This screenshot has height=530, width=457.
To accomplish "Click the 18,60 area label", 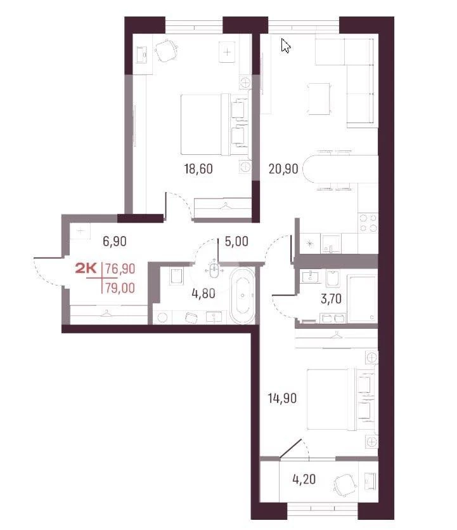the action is [x=198, y=168].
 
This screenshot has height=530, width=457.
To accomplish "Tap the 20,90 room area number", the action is [x=283, y=168].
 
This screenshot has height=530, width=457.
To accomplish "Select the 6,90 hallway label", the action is [x=115, y=241].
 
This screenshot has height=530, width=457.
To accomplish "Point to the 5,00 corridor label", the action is [x=236, y=241].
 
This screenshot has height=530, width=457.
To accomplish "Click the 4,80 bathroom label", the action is [x=203, y=293].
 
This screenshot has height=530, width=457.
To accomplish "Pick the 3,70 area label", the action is [x=331, y=299].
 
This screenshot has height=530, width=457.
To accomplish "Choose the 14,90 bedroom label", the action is [x=283, y=398].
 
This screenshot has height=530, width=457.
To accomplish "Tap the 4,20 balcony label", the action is [x=304, y=479].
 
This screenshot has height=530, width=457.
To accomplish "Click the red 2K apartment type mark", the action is [x=86, y=268].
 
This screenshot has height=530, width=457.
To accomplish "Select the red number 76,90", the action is [x=120, y=268].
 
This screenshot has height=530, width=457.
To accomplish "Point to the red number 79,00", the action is [x=120, y=288].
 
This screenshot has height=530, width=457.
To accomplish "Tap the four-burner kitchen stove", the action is [x=368, y=223].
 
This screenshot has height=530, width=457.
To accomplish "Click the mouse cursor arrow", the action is [x=285, y=46].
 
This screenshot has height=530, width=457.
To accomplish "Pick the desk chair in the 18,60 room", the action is [x=167, y=50].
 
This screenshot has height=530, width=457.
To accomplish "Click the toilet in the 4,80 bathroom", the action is [x=176, y=276].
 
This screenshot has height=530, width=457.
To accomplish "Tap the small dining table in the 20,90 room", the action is [x=318, y=99].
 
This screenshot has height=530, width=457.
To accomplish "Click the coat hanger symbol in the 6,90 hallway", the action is [x=106, y=314].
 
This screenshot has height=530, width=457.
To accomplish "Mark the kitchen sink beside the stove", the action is [x=331, y=243].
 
